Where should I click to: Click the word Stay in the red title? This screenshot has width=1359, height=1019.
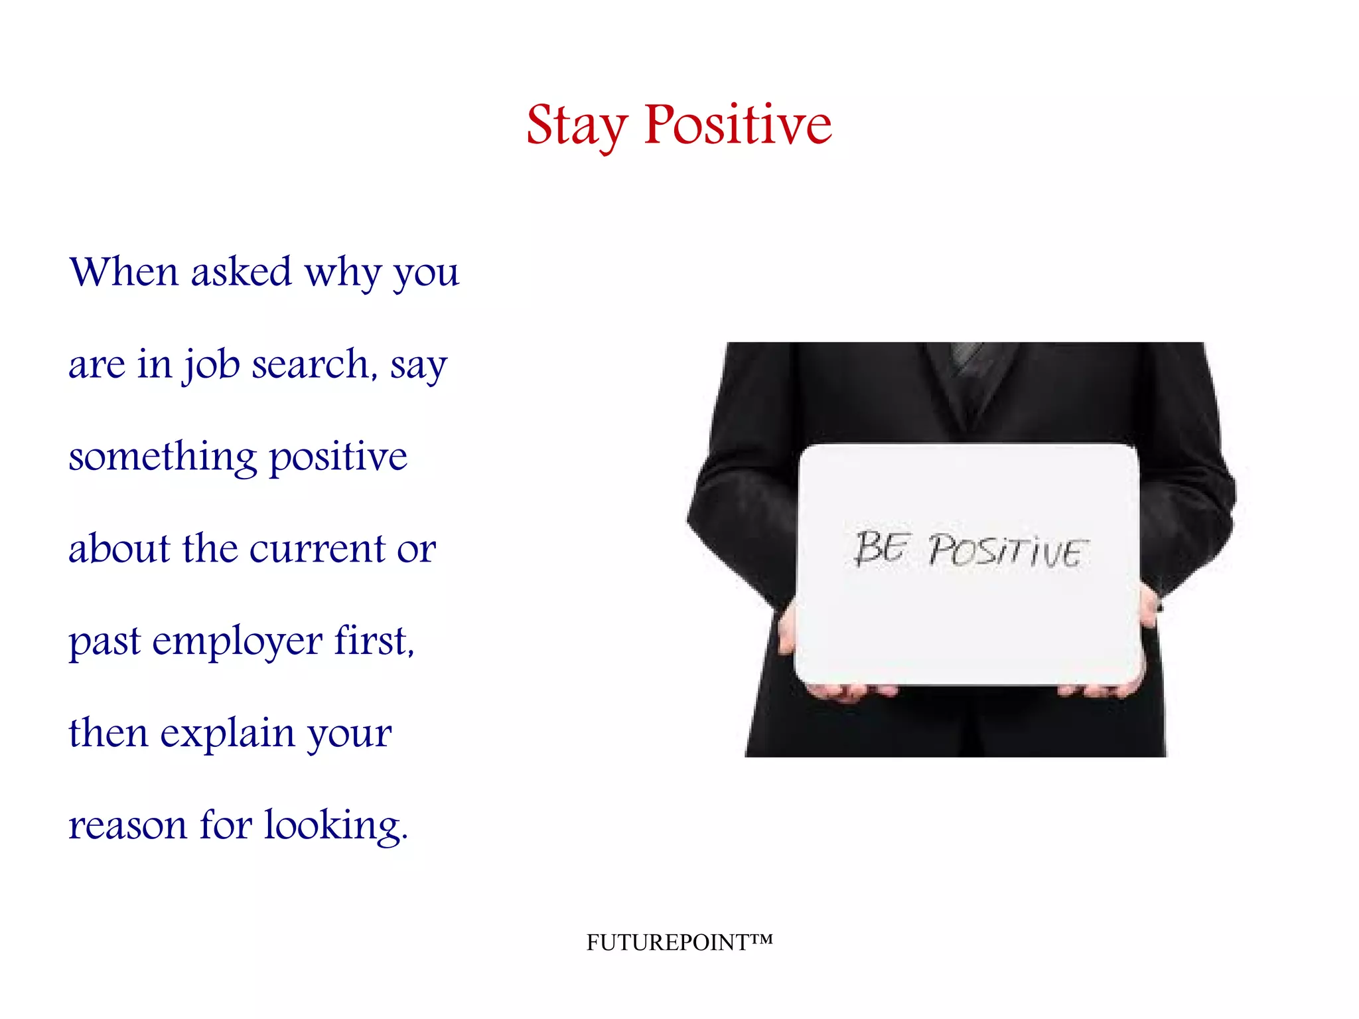(576, 126)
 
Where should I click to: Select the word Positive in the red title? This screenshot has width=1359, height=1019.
(737, 125)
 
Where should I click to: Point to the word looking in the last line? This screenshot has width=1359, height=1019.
(334, 826)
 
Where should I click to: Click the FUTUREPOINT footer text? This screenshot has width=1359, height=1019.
(679, 942)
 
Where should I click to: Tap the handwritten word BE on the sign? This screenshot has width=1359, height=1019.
(880, 548)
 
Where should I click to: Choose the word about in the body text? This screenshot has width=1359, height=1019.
(119, 549)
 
